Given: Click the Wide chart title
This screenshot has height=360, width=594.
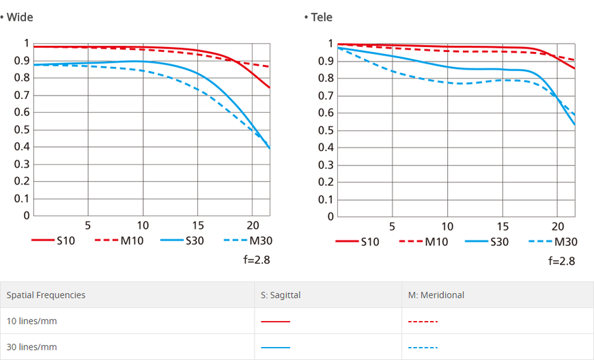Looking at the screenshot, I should [x=20, y=17].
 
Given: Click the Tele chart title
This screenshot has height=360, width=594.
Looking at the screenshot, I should [x=322, y=17].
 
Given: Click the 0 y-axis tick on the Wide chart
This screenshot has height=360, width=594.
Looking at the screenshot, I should [x=27, y=215].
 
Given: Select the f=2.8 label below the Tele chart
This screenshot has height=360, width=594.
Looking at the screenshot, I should [x=562, y=261].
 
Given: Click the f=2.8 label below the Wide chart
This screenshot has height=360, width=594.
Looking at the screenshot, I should [x=257, y=260].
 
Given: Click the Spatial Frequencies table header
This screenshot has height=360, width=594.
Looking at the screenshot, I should [x=46, y=295].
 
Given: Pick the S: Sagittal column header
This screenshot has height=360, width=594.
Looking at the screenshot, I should [x=281, y=295].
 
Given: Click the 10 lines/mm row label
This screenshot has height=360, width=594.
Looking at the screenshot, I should [x=32, y=321].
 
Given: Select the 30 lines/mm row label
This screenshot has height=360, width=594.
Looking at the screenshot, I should [x=32, y=347].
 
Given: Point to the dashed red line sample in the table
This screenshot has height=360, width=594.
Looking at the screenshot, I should [x=423, y=321].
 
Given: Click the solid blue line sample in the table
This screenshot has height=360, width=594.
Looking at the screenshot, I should [x=275, y=347].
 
